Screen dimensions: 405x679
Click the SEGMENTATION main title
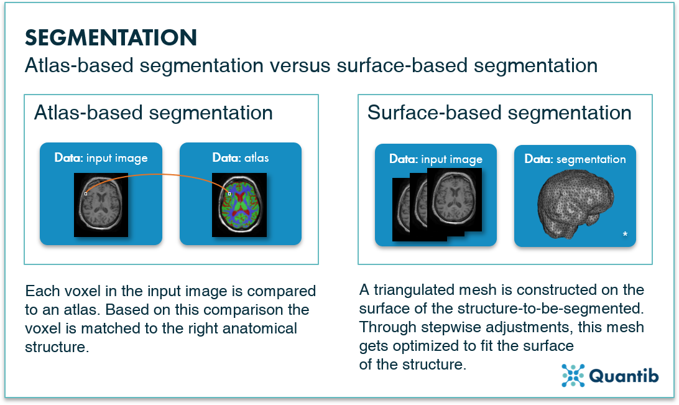pos(111,38)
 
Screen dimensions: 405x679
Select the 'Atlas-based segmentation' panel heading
pos(154,113)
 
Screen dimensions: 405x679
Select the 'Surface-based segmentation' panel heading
pos(499,113)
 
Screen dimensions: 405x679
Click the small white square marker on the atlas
pos(229,193)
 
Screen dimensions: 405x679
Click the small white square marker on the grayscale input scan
pos(86,193)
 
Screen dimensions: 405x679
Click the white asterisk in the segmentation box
pos(625,235)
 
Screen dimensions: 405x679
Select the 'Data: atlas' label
pos(241,158)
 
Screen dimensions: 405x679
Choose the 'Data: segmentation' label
pos(575,159)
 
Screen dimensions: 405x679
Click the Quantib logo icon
pos(573,375)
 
